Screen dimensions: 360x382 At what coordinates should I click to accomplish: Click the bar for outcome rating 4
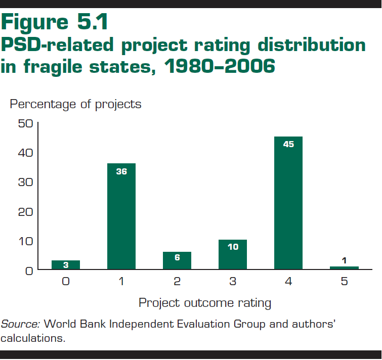pyautogui.click(x=288, y=202)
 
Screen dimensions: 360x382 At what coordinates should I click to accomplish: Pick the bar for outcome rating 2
pyautogui.click(x=177, y=260)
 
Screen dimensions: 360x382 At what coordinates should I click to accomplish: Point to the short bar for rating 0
pyautogui.click(x=66, y=265)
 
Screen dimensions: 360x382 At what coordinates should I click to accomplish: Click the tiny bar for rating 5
pyautogui.click(x=344, y=267)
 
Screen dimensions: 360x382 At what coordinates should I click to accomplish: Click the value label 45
pyautogui.click(x=288, y=144)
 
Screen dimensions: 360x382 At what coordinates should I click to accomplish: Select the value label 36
pyautogui.click(x=121, y=171)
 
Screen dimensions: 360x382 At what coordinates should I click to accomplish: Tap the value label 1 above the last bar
pyautogui.click(x=344, y=260)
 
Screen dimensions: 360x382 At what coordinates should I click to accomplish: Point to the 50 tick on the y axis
pyautogui.click(x=25, y=123)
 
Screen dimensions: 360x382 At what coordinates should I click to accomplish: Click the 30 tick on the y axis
pyautogui.click(x=25, y=182)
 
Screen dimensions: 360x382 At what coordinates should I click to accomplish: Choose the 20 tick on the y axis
pyautogui.click(x=25, y=211)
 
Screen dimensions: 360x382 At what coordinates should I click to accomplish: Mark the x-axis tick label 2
pyautogui.click(x=177, y=282)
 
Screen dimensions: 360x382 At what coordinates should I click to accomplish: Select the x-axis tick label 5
pyautogui.click(x=344, y=282)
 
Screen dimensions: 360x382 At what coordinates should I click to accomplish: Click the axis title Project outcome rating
pyautogui.click(x=205, y=303)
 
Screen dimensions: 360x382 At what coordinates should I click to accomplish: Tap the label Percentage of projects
pyautogui.click(x=76, y=104)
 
